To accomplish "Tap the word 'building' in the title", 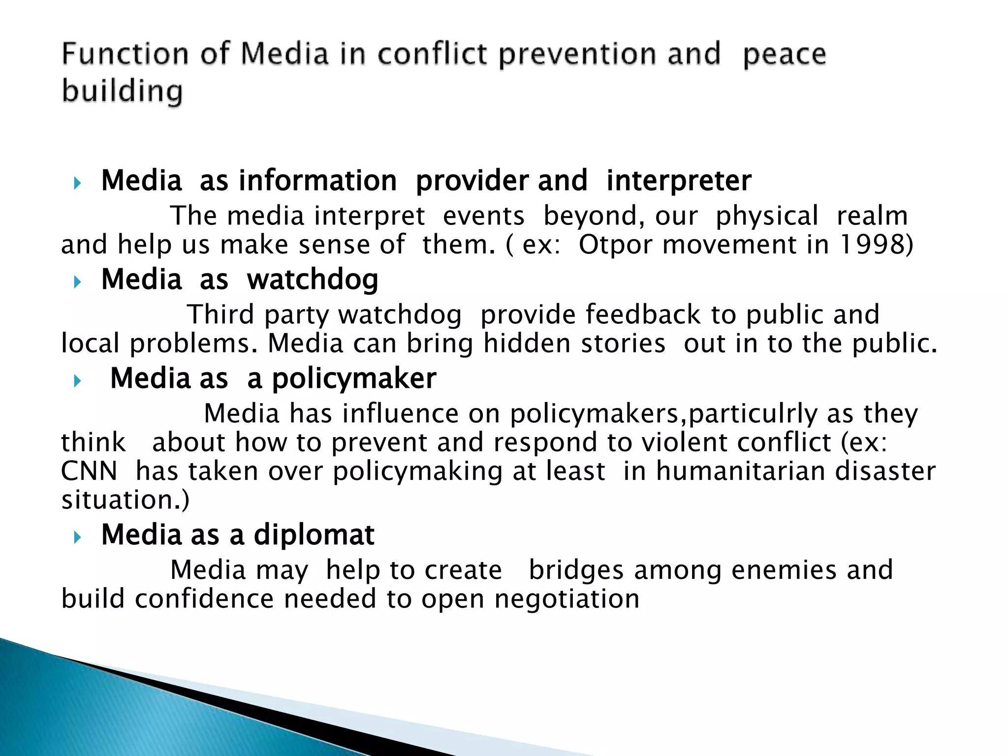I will [x=123, y=92].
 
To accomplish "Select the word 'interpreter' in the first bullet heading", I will [x=679, y=181].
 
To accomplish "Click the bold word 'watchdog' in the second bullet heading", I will [x=313, y=280].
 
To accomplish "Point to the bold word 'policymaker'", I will [x=354, y=378].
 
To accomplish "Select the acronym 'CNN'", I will [x=89, y=471].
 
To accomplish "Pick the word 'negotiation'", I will [x=567, y=599].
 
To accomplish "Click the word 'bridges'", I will [x=576, y=570].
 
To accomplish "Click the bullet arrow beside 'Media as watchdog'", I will [x=77, y=282].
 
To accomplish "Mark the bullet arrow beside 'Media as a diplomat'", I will [x=77, y=537].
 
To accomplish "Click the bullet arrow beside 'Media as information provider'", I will [x=77, y=184].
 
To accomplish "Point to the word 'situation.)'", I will [x=125, y=500].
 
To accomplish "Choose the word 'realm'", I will [x=872, y=216].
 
